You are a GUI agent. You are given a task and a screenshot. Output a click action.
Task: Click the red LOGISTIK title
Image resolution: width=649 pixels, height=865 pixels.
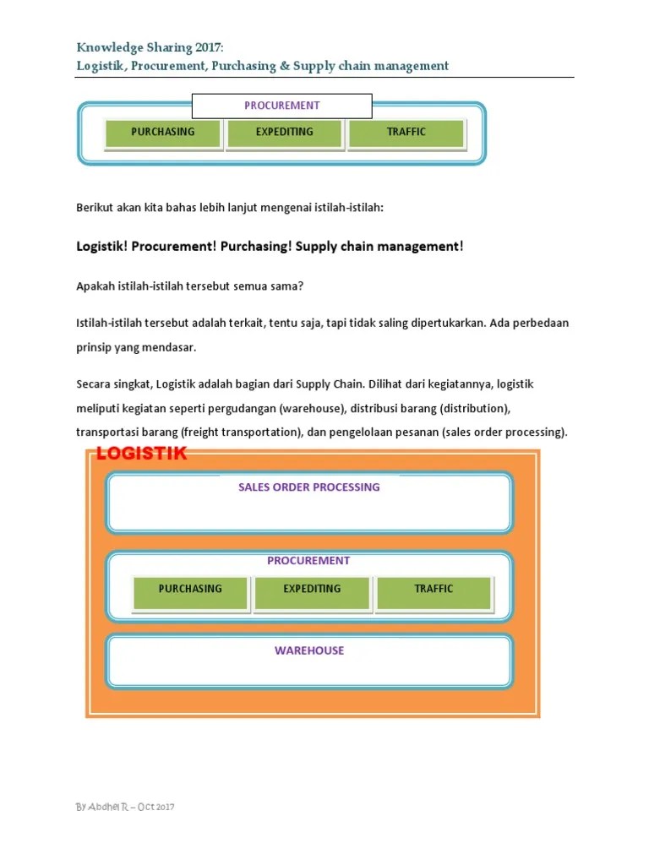(x=141, y=454)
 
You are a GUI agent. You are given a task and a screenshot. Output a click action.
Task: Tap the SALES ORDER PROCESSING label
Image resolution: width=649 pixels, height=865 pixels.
(x=308, y=487)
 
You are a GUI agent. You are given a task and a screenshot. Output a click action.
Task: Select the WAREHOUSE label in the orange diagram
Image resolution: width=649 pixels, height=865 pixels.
(x=308, y=650)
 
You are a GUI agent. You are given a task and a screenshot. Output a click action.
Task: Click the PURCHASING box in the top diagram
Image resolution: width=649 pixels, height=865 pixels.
(x=162, y=133)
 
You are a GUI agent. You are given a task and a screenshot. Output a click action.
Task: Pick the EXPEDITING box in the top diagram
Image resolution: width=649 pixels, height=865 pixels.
(x=284, y=133)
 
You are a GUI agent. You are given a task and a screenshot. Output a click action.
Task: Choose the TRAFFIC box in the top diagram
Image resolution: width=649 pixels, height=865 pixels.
(x=406, y=133)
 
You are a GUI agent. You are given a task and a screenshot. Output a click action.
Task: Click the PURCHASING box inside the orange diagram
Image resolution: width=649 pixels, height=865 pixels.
(x=190, y=590)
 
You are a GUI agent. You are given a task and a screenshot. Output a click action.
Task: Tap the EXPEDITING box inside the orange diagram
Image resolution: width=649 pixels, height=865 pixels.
(x=312, y=590)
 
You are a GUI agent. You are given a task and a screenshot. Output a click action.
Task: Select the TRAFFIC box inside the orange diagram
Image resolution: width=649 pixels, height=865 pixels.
(x=434, y=590)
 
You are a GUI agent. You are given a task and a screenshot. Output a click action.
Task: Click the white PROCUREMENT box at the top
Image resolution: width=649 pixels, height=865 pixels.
(x=282, y=106)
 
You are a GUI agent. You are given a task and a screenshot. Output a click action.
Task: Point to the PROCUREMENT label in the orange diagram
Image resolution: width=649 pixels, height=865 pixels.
(x=308, y=561)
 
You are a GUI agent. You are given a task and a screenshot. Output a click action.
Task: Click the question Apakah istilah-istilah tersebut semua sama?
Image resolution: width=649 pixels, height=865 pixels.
(x=189, y=286)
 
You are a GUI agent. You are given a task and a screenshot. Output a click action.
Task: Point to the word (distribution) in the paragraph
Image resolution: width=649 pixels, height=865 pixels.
(x=470, y=409)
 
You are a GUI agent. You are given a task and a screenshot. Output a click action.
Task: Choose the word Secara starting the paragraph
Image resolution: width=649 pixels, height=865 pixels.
(x=93, y=384)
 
